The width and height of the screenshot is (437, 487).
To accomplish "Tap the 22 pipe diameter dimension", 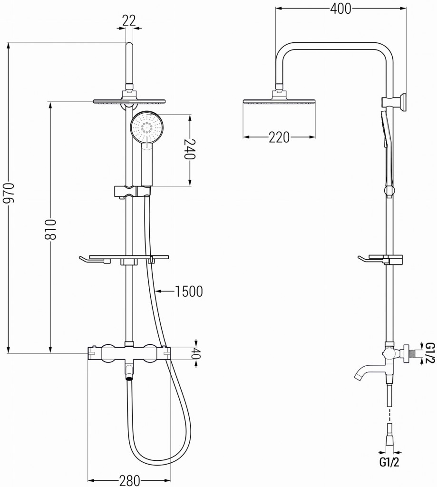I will click(129, 20).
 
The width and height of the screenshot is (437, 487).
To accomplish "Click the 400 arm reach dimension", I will click(340, 9).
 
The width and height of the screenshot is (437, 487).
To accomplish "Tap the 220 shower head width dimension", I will click(279, 137).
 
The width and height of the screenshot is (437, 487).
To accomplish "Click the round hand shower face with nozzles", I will click(148, 127).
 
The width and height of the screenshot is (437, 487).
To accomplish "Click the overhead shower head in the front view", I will click(131, 101).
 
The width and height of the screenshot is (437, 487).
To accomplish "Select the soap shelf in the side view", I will click(380, 259).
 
